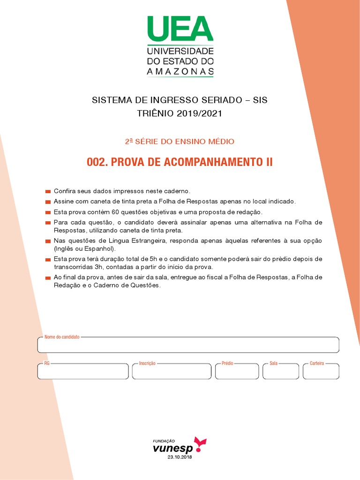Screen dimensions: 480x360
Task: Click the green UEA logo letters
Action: [180, 29]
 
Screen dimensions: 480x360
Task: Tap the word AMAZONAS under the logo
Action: [180, 72]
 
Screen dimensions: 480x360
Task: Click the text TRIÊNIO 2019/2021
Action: [180, 113]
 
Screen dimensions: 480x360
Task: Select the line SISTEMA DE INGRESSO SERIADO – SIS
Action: [180, 100]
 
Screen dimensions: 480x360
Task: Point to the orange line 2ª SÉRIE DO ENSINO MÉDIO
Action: [180, 141]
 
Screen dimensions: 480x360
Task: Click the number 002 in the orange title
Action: [97, 163]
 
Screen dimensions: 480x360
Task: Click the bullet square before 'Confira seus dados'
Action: [48, 192]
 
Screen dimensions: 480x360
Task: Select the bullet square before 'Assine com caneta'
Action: [48, 202]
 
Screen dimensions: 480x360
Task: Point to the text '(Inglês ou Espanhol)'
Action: [84, 248]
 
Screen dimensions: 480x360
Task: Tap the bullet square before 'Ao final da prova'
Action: [48, 278]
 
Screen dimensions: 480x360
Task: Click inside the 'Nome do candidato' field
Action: [187, 345]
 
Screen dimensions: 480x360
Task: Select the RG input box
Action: [83, 371]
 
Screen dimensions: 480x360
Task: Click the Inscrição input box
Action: [172, 371]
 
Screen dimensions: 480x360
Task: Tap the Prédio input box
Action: [237, 371]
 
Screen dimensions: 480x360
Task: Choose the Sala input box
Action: [281, 371]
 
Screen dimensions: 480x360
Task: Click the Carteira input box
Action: [321, 371]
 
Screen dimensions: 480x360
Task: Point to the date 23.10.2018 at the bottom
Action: [180, 457]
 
